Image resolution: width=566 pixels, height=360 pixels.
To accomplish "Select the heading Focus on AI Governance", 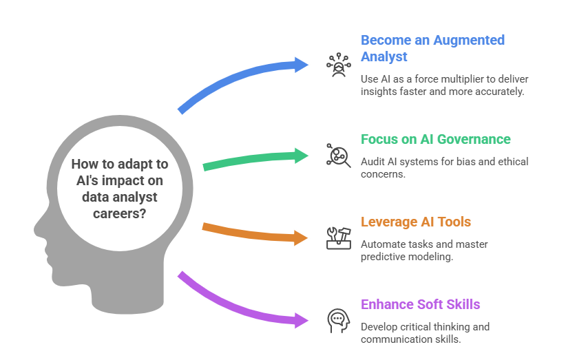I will (436, 140).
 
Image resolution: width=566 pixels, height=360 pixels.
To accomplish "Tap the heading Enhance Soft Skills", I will (421, 304).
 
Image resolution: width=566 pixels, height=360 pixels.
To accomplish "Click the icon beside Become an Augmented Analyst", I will (337, 65).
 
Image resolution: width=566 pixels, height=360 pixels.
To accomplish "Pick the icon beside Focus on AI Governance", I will (337, 156).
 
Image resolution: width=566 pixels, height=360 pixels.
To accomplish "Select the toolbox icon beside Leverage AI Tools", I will (337, 237).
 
